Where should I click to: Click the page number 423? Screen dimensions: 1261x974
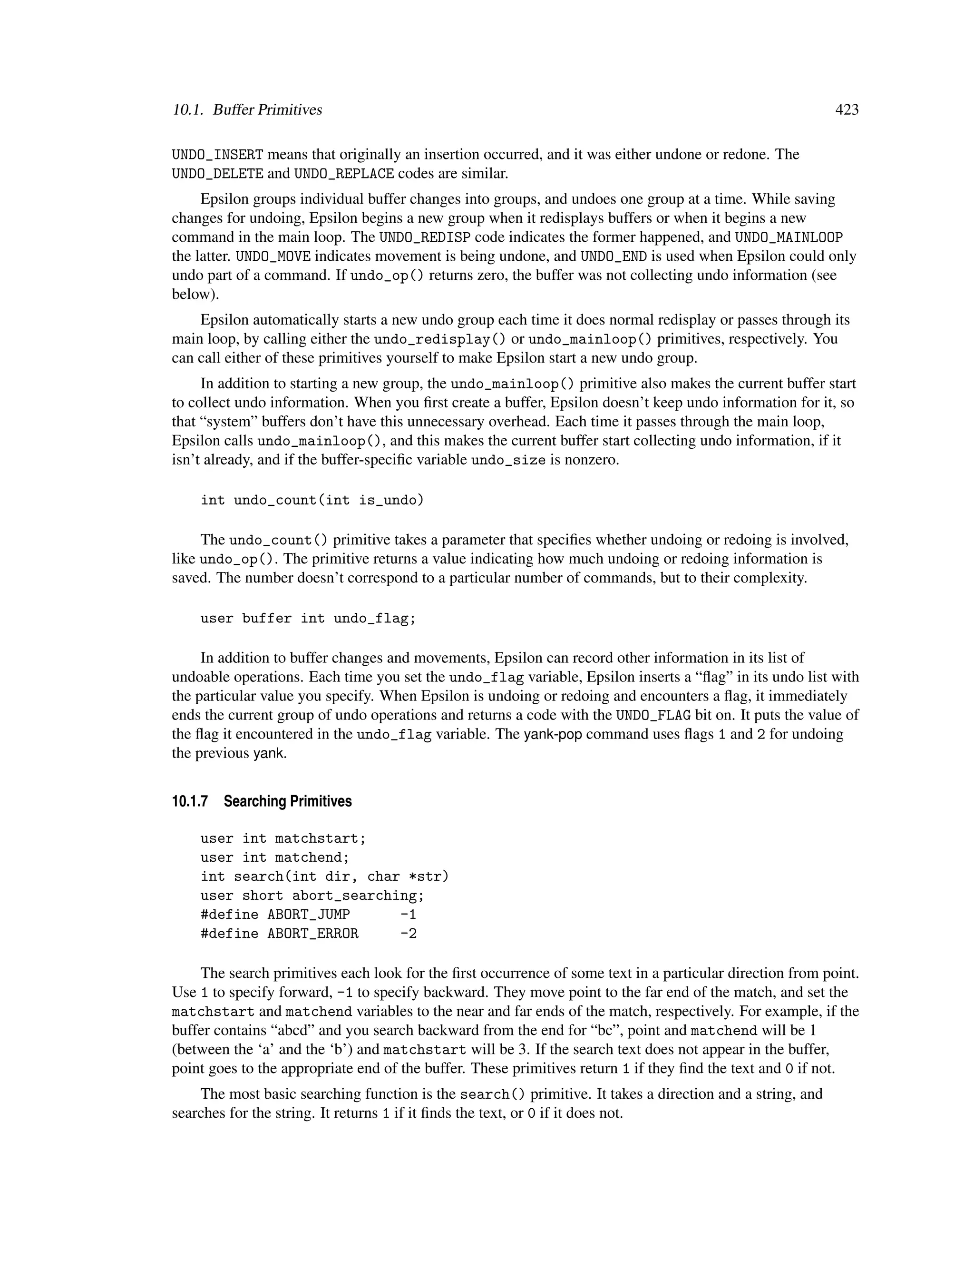[x=847, y=110]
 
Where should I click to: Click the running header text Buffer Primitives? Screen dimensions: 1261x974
[x=267, y=110]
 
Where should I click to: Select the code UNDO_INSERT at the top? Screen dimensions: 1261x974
[x=217, y=155]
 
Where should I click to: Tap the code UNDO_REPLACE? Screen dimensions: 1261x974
[x=344, y=174]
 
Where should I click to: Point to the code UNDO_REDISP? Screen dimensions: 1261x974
[x=425, y=237]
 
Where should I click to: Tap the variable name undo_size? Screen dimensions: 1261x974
[x=508, y=461]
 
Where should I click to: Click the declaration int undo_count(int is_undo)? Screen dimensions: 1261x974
[x=312, y=500]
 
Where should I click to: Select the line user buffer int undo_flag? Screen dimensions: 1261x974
[x=308, y=619]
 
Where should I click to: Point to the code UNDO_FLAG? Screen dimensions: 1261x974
[x=653, y=715]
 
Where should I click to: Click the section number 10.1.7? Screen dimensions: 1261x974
[x=189, y=801]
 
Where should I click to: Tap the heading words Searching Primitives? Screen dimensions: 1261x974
[x=287, y=801]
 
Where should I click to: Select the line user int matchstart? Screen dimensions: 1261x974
[x=283, y=838]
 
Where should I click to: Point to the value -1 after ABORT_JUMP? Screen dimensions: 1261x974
[x=408, y=915]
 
